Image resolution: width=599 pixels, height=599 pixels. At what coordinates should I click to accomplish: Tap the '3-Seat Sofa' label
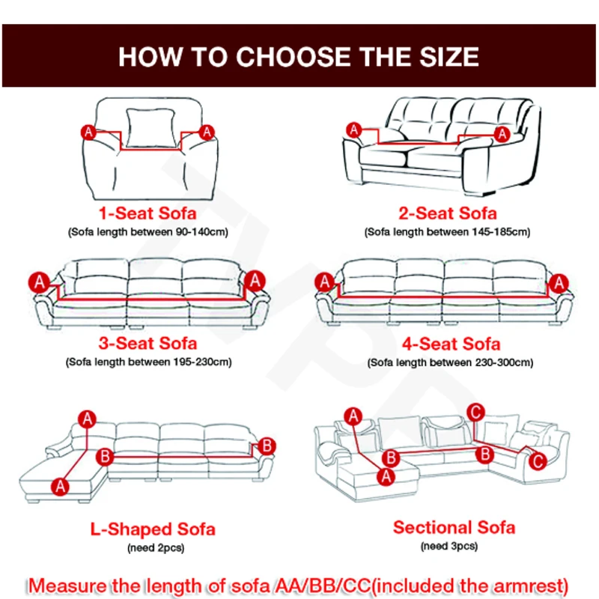[x=148, y=344]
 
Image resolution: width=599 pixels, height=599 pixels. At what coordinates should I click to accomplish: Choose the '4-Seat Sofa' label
[x=450, y=344]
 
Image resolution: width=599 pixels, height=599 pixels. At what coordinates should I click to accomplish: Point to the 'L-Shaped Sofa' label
[x=153, y=529]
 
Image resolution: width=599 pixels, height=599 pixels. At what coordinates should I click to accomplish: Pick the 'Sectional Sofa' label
[x=454, y=527]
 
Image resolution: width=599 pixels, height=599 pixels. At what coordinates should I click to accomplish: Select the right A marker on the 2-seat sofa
[x=502, y=134]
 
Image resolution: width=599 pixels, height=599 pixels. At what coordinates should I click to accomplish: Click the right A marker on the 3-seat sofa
[x=255, y=280]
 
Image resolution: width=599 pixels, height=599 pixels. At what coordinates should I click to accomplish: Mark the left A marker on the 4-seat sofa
[x=324, y=282]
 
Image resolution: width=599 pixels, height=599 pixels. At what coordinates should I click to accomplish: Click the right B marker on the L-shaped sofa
[x=267, y=446]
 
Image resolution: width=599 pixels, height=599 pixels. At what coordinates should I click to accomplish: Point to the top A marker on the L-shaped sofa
[x=88, y=419]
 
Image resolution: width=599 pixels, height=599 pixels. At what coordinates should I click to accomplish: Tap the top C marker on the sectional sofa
[x=473, y=411]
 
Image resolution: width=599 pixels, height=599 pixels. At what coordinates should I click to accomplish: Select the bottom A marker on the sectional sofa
[x=387, y=475]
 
